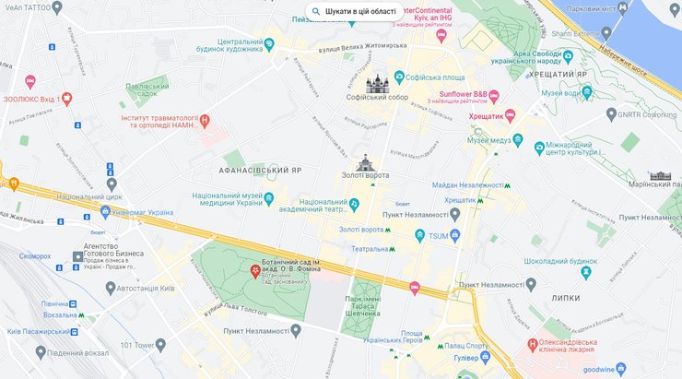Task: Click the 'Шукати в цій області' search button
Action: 355,11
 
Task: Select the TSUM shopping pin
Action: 420,236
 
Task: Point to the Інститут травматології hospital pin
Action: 205,119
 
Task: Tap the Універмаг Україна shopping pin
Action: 106,212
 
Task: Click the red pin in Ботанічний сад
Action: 255,270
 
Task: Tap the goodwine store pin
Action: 623,369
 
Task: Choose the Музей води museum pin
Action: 587,93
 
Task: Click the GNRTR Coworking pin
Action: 611,113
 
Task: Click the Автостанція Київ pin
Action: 110,289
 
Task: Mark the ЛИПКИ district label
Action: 567,297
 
